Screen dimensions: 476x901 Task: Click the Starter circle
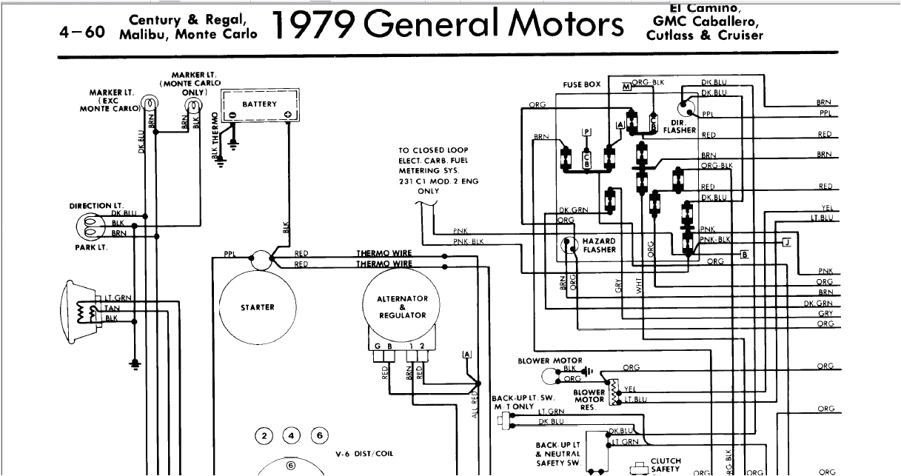[257, 307]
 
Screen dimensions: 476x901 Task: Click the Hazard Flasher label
[599, 246]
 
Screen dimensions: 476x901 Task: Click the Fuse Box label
[581, 85]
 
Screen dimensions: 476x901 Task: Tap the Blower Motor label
[549, 361]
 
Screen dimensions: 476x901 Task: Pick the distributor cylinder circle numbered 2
[264, 435]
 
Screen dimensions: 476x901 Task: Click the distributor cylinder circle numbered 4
[292, 435]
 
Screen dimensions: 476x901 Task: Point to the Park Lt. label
[91, 247]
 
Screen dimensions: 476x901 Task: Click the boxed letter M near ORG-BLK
[626, 87]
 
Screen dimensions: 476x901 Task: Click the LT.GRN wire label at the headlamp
[117, 298]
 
